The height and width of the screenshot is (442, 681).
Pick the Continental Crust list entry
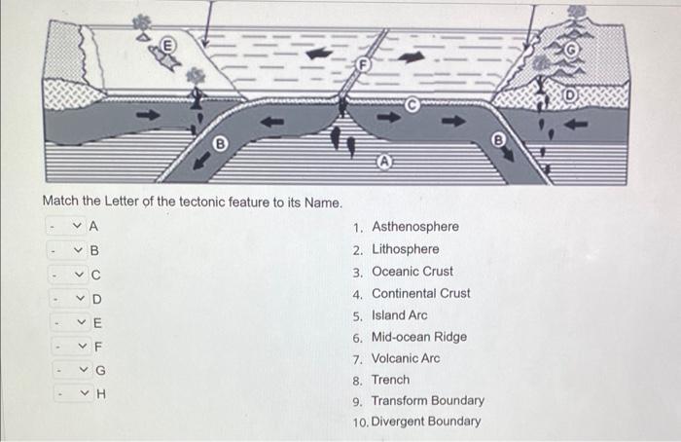click(x=420, y=293)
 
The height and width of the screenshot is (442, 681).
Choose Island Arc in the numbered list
click(x=399, y=315)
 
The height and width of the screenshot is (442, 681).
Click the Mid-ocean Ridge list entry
click(x=418, y=337)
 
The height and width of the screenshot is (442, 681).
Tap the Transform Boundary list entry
click(x=427, y=401)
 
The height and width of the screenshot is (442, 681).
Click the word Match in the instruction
click(x=60, y=202)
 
